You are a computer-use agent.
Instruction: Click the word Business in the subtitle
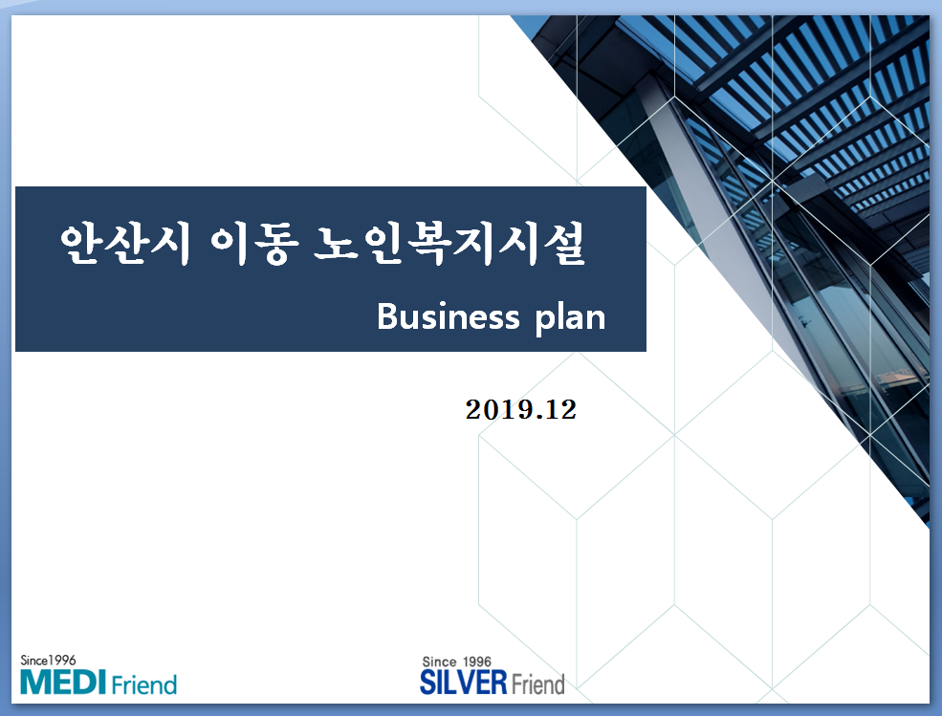coord(449,316)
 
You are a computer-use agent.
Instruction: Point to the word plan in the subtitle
coord(570,318)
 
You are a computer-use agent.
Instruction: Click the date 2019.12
coord(521,410)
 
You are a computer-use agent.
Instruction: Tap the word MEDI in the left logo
coord(63,682)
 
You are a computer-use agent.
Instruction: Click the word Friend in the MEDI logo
coord(144,684)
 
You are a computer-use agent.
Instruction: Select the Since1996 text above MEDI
coord(48,661)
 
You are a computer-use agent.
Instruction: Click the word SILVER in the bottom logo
coord(464,683)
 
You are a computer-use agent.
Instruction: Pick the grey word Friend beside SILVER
coord(537,683)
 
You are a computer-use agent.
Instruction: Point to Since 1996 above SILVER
coord(456,662)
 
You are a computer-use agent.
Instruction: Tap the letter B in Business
coord(387,316)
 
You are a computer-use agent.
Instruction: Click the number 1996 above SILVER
coord(476,662)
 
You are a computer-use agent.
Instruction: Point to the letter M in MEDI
coord(33,683)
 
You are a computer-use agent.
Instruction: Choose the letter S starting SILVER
coord(427,683)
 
